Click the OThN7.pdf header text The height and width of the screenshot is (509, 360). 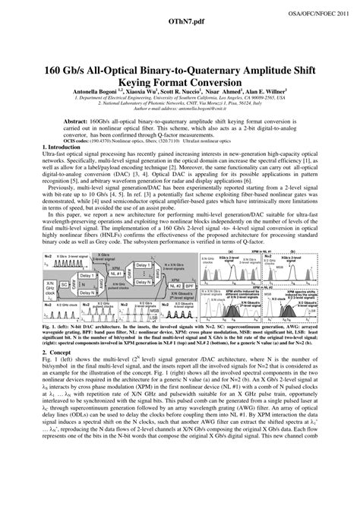coord(178,26)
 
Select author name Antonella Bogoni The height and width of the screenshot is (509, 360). coord(95,89)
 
